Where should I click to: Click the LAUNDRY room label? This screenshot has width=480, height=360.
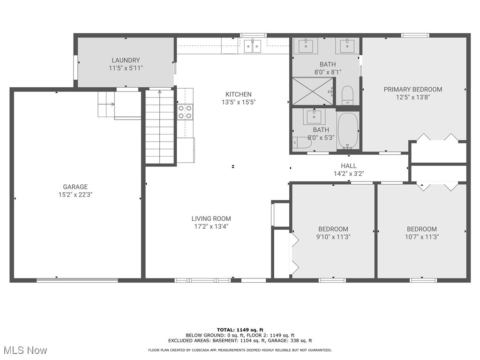[126, 60]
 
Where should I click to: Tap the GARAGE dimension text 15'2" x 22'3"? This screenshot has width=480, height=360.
[75, 195]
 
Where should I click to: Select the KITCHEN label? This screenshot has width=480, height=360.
[239, 94]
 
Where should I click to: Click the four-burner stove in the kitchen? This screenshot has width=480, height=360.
[185, 112]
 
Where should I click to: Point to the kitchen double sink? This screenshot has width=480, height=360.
[253, 45]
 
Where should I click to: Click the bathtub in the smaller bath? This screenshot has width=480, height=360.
[348, 131]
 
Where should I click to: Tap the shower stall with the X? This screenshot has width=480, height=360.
[313, 91]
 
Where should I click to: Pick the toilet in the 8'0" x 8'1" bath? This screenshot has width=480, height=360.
[347, 95]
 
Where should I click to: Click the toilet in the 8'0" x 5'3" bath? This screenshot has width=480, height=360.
[301, 143]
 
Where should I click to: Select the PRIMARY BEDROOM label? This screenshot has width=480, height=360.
[412, 90]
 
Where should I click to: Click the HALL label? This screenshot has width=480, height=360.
[349, 166]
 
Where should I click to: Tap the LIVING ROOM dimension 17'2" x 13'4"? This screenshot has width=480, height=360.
[211, 226]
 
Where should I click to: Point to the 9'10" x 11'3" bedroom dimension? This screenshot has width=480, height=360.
[333, 237]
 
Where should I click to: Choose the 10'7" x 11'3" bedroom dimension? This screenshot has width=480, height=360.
[422, 237]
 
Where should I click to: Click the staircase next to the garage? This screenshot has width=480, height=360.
[159, 126]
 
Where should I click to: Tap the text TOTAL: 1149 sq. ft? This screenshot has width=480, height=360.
[240, 330]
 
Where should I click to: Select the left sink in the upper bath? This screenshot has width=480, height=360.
[306, 45]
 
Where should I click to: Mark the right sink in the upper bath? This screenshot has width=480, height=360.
[347, 45]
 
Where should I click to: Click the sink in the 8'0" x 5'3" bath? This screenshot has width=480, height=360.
[314, 117]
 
